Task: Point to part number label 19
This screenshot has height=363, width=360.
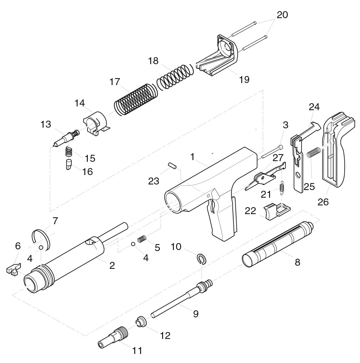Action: [244, 80]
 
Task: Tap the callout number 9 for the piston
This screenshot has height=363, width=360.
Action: [196, 313]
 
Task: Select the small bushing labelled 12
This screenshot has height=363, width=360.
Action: [141, 321]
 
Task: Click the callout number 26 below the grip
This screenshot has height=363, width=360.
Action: [323, 202]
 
